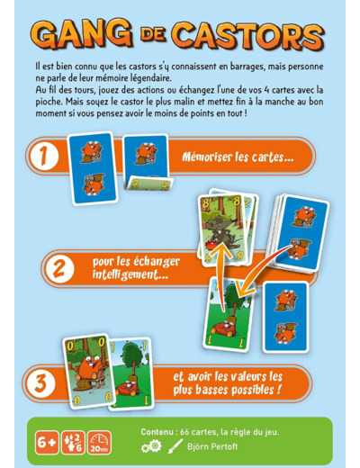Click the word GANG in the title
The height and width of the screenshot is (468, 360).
click(x=82, y=35)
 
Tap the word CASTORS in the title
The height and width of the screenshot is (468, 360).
click(x=249, y=37)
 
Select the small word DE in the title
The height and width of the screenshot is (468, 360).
click(x=153, y=34)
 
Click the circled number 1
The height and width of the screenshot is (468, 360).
click(x=44, y=156)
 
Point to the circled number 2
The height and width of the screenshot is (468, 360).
click(x=59, y=268)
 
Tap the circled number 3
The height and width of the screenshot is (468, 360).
click(x=40, y=383)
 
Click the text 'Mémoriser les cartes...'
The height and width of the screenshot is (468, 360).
click(x=238, y=157)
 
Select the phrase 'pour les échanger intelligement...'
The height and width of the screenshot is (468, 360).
click(x=136, y=268)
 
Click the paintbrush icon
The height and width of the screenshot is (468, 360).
click(x=175, y=446)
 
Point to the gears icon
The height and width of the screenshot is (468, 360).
click(x=151, y=446)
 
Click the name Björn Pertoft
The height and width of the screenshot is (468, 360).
click(x=212, y=446)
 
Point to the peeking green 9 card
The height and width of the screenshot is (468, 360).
click(x=149, y=184)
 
